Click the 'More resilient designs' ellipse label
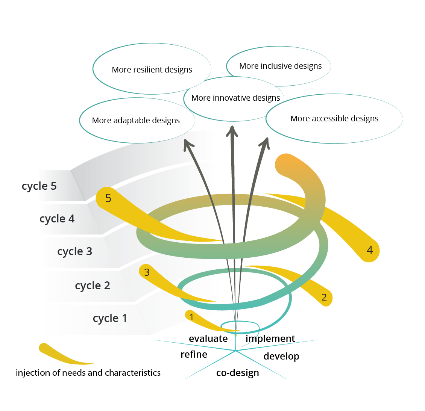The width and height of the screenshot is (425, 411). click(152, 70)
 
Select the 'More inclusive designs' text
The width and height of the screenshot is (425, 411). click(280, 66)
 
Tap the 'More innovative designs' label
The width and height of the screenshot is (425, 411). click(235, 98)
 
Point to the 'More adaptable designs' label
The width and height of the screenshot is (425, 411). click(136, 121)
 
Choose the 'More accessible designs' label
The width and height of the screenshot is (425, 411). click(334, 119)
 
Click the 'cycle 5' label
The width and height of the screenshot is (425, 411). click(39, 186)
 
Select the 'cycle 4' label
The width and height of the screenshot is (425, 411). click(57, 219)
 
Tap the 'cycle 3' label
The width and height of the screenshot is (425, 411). click(74, 251)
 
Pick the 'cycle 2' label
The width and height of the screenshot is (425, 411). click(92, 286)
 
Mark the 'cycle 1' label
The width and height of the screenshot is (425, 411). click(109, 318)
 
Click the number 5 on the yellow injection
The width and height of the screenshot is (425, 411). click(108, 198)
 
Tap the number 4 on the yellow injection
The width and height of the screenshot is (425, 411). click(370, 250)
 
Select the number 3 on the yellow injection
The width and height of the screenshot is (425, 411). click(147, 272)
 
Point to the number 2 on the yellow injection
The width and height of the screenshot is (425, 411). click(324, 298)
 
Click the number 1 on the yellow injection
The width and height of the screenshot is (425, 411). click(191, 317)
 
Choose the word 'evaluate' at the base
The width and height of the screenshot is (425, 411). click(208, 338)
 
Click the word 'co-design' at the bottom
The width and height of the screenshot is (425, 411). click(237, 373)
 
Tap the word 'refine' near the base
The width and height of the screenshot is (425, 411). click(194, 354)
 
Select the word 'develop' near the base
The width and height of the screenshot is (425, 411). click(281, 356)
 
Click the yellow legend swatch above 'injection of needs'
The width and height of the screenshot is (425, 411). click(60, 355)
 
